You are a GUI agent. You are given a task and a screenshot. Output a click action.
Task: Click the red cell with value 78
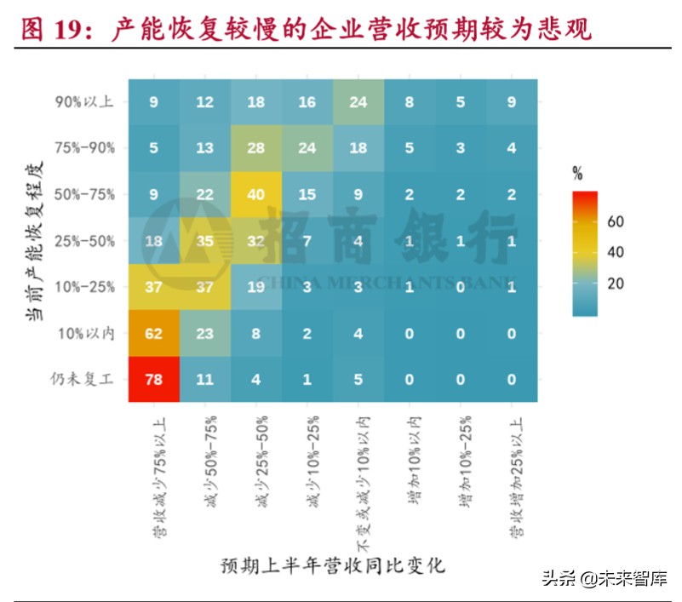click(x=154, y=379)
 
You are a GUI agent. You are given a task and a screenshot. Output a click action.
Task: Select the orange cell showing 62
click(x=154, y=333)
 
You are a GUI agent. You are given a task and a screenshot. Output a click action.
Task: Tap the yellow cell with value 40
click(x=256, y=194)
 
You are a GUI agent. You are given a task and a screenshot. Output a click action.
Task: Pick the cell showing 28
click(x=256, y=148)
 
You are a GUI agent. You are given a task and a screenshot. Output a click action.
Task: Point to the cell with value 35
click(x=205, y=241)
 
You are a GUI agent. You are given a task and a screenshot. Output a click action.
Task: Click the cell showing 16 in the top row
click(x=307, y=102)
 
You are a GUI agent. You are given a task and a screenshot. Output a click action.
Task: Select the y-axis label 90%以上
click(x=84, y=102)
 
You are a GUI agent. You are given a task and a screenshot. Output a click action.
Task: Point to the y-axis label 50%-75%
click(x=84, y=194)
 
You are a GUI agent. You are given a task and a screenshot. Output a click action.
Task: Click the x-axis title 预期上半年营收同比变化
click(x=332, y=565)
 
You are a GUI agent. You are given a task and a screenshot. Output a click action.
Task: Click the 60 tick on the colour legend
click(x=615, y=221)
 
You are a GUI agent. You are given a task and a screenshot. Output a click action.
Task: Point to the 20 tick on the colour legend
click(x=615, y=283)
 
